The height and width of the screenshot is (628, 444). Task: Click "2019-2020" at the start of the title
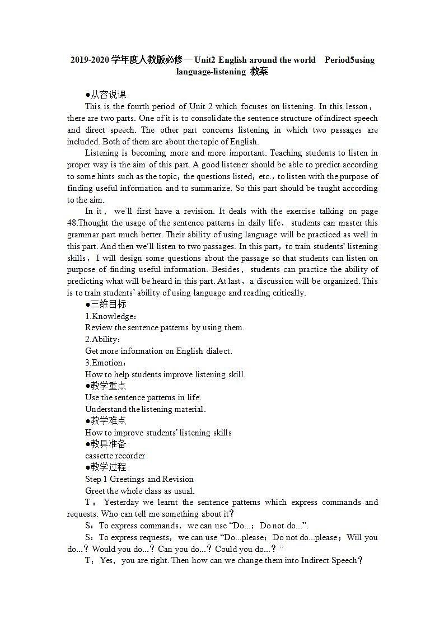pos(90,60)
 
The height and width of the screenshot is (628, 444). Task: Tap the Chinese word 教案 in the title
pos(259,72)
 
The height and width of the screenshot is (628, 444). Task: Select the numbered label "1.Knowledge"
pos(110,316)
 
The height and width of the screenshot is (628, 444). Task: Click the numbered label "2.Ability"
pos(102,340)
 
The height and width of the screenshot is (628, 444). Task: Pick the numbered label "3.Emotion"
pos(105,363)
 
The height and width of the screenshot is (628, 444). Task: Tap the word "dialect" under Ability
pos(218,352)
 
